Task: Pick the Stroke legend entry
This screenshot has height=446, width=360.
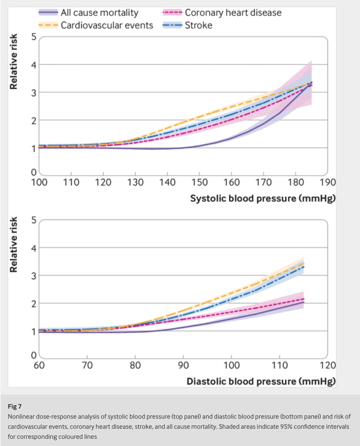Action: pos(198,25)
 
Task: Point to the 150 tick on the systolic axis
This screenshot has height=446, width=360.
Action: pos(200,182)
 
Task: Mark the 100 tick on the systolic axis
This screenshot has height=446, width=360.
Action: pos(39,182)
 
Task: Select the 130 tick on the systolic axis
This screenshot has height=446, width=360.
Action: pos(135,182)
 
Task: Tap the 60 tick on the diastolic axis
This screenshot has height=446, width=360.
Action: pos(39,365)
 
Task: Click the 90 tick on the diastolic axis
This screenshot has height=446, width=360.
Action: pos(183,365)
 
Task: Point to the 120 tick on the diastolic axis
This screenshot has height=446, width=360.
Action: pos(328,365)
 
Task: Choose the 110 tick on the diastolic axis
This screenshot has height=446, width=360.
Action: pos(280,365)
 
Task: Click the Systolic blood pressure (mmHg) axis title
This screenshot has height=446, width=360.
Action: pos(263,198)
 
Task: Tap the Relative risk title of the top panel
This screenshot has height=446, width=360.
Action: pos(14,61)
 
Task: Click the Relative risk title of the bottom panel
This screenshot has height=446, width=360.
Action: pos(14,245)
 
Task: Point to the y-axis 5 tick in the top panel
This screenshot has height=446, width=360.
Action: pos(33,37)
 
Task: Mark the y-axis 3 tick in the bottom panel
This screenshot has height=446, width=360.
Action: pos(33,276)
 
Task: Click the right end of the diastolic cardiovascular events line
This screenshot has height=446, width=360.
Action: pos(304,262)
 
